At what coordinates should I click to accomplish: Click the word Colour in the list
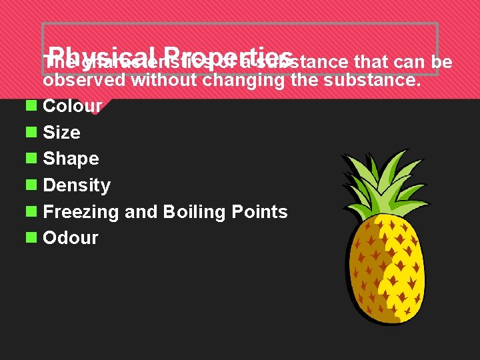(x=72, y=106)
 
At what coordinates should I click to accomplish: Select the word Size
(x=61, y=133)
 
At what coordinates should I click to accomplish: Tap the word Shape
(x=71, y=159)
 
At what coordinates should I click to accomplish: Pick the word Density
(x=76, y=185)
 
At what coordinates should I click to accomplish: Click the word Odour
(x=70, y=238)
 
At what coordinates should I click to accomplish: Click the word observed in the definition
(x=85, y=81)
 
